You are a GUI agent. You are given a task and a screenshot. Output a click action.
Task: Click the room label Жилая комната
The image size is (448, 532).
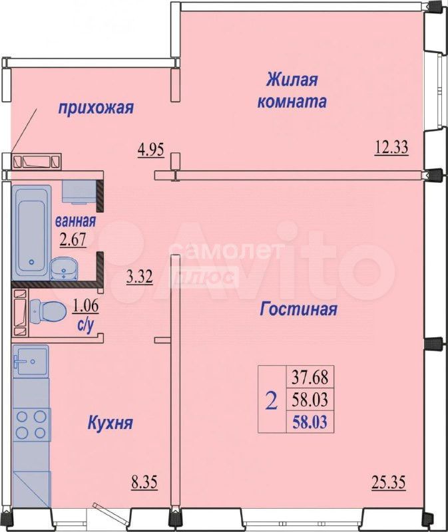[292, 90]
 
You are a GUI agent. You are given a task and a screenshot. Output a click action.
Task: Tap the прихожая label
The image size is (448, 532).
[96, 108]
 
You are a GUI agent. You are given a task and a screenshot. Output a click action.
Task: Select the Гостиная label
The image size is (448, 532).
[298, 309]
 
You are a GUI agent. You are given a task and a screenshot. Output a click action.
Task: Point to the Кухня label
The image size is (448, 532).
[110, 423]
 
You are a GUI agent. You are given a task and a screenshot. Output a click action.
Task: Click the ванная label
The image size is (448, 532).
[75, 221]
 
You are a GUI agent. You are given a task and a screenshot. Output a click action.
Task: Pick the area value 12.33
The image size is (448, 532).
[391, 148]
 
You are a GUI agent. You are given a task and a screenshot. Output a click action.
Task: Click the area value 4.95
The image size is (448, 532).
[151, 150]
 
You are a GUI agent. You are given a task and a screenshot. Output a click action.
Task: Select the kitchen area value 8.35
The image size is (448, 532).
[144, 483]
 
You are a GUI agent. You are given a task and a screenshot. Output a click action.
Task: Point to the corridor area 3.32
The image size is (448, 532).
[139, 277]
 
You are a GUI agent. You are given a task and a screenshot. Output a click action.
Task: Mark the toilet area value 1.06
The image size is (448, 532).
[85, 306]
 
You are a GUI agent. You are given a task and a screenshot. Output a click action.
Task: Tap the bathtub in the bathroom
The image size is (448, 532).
[31, 232]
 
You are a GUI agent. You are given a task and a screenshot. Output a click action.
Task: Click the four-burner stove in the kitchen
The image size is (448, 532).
[31, 424]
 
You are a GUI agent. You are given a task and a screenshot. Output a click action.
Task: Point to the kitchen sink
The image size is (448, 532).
[31, 361]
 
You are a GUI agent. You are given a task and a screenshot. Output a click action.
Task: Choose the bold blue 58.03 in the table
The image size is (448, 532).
[310, 422]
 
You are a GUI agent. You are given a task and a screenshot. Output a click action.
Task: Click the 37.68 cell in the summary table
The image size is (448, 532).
[310, 377]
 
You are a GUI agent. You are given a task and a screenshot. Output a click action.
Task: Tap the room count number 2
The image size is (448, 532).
[272, 401]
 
